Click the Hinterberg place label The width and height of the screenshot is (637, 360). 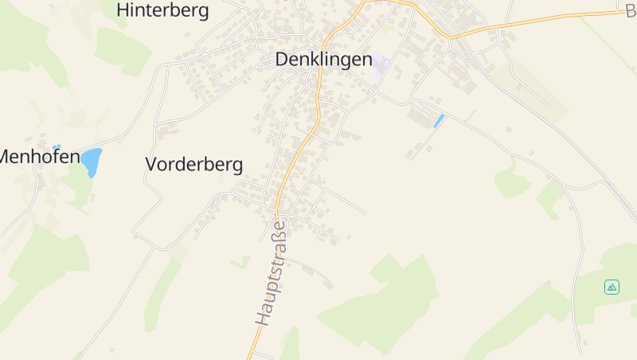pyautogui.click(x=162, y=10)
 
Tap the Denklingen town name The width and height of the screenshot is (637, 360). pyautogui.click(x=323, y=59)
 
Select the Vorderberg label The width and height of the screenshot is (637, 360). pyautogui.click(x=193, y=164)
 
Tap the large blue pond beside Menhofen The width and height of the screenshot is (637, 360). pyautogui.click(x=90, y=162)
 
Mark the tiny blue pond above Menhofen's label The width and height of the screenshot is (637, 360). pyautogui.click(x=56, y=147)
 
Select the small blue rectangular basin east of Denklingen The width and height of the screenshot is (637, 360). pyautogui.click(x=438, y=121)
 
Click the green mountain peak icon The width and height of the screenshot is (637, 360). pyautogui.click(x=612, y=287)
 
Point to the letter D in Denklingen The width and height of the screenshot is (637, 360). pyautogui.click(x=282, y=59)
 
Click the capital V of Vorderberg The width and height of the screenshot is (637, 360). pyautogui.click(x=152, y=164)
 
